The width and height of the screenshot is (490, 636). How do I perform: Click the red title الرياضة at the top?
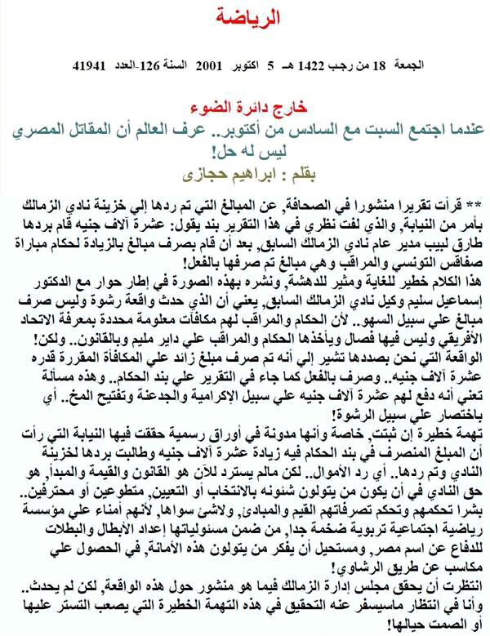(x=246, y=16)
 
